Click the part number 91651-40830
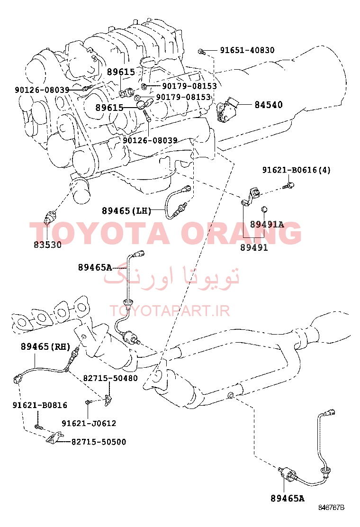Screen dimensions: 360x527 click(x=247, y=50)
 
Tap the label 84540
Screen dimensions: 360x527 click(x=268, y=105)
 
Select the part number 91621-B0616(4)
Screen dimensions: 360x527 click(x=296, y=170)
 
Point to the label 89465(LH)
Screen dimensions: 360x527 click(x=126, y=211)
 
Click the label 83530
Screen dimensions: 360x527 click(x=47, y=245)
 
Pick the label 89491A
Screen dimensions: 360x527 click(x=267, y=224)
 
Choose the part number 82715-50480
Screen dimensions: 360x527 click(x=110, y=378)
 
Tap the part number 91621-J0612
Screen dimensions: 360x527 click(x=89, y=423)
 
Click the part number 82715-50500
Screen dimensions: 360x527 click(x=99, y=442)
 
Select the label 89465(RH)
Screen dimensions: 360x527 click(x=45, y=346)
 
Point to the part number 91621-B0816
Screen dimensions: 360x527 click(x=40, y=405)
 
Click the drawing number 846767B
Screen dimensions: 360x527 click(x=331, y=508)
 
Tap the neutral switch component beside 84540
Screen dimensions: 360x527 click(x=226, y=109)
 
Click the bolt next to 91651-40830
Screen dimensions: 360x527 click(x=201, y=52)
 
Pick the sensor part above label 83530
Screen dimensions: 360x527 click(x=51, y=216)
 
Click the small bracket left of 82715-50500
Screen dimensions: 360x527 click(x=54, y=437)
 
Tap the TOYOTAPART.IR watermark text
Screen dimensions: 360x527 click(x=170, y=311)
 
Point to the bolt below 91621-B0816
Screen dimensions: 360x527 click(x=38, y=427)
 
